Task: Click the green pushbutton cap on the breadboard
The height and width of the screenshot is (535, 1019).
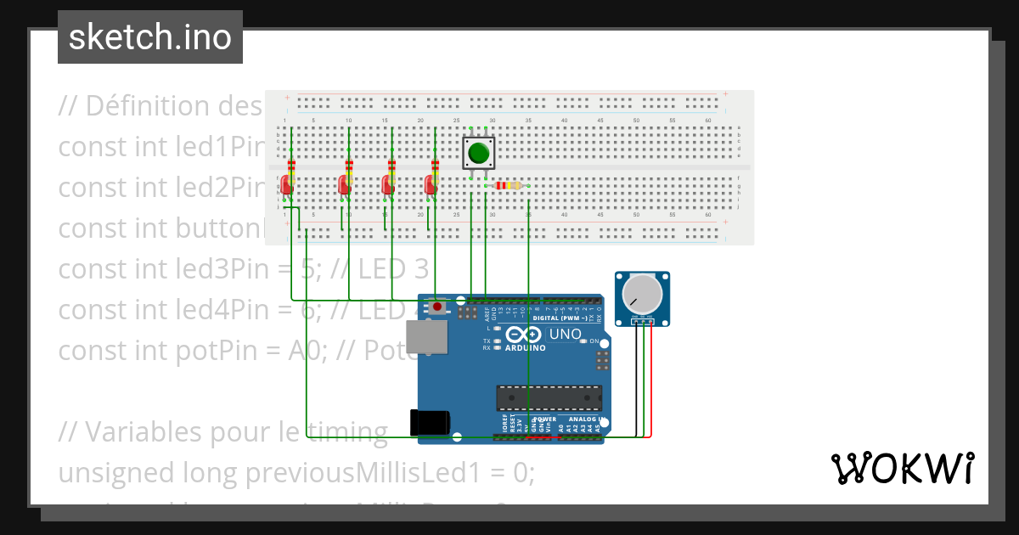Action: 478,154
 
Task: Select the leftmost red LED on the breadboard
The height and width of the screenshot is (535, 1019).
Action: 287,184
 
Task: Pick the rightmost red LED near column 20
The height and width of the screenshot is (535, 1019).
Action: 431,184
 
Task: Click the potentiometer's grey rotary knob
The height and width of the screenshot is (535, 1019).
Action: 641,294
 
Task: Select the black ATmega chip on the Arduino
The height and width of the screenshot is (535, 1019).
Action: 549,398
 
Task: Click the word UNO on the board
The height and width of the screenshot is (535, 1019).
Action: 565,335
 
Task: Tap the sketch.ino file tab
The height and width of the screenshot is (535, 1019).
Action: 150,37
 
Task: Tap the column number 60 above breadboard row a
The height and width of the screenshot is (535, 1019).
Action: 707,121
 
